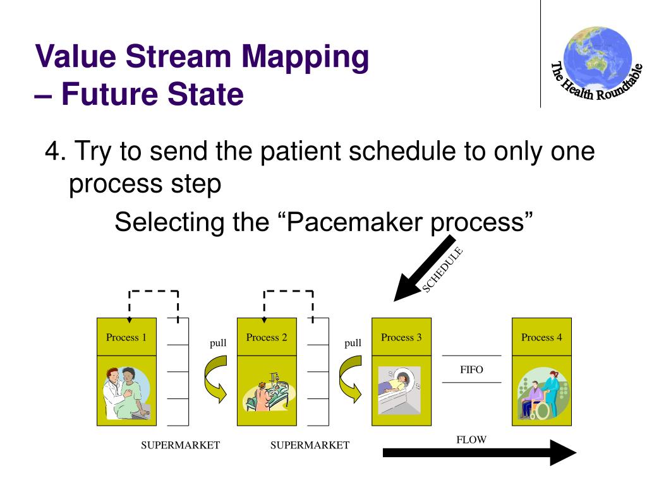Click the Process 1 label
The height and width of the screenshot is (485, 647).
point(126,337)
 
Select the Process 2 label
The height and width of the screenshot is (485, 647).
point(267,337)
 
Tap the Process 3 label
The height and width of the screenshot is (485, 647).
point(401,337)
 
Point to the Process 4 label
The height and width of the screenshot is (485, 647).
point(541,337)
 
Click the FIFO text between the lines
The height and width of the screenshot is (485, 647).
point(471,369)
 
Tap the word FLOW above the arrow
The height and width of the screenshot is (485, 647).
point(471,440)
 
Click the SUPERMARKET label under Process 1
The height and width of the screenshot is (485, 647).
point(180,445)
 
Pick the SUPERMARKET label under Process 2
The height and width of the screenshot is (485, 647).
point(310,445)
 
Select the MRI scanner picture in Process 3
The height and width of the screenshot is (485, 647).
point(399,389)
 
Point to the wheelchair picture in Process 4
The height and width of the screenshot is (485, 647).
point(541,395)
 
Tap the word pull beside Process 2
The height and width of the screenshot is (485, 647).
point(353,343)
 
